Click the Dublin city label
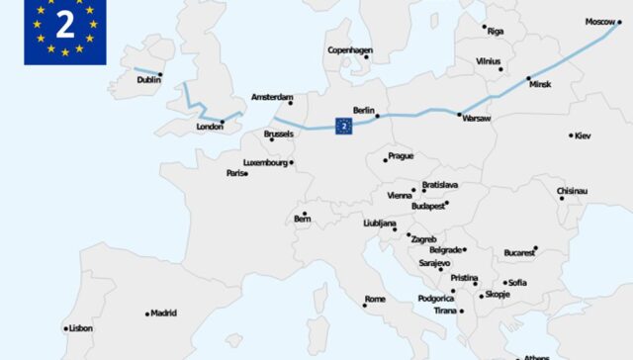pos(147,80)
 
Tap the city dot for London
pos(223,122)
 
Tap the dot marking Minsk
pos(528,78)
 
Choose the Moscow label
pos(599,22)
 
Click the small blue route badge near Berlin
pos(343,126)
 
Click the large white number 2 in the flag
pos(64,24)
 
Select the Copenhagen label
pos(350,50)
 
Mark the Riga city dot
pos(485,27)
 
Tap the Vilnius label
pos(488,60)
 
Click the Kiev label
pos(583,135)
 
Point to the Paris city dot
pos(246,173)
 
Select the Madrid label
pos(163,314)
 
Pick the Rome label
pos(375,299)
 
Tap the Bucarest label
pos(518,253)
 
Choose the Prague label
pos(401,156)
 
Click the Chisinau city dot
pos(562,198)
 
